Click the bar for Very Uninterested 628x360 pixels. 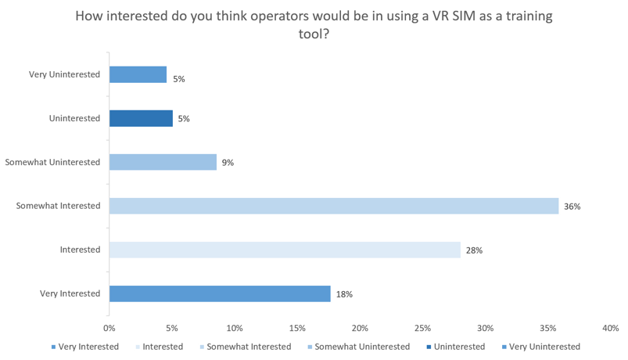coord(138,74)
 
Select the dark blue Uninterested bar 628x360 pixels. coord(142,118)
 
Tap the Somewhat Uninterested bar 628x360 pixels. coord(163,162)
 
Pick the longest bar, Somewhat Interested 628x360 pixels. coord(334,206)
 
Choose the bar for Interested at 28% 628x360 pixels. coord(285,250)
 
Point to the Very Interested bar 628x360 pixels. coord(221,293)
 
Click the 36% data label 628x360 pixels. coord(572,207)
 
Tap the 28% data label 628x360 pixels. coord(474,250)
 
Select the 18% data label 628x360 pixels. coord(344,294)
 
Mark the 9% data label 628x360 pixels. coord(228,163)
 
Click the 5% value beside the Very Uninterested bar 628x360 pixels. coord(178,79)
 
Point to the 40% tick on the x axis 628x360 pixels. coord(610,326)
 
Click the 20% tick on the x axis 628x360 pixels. coord(360,326)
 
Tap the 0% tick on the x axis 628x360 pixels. coord(109,326)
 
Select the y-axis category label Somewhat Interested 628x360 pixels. coord(59,206)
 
